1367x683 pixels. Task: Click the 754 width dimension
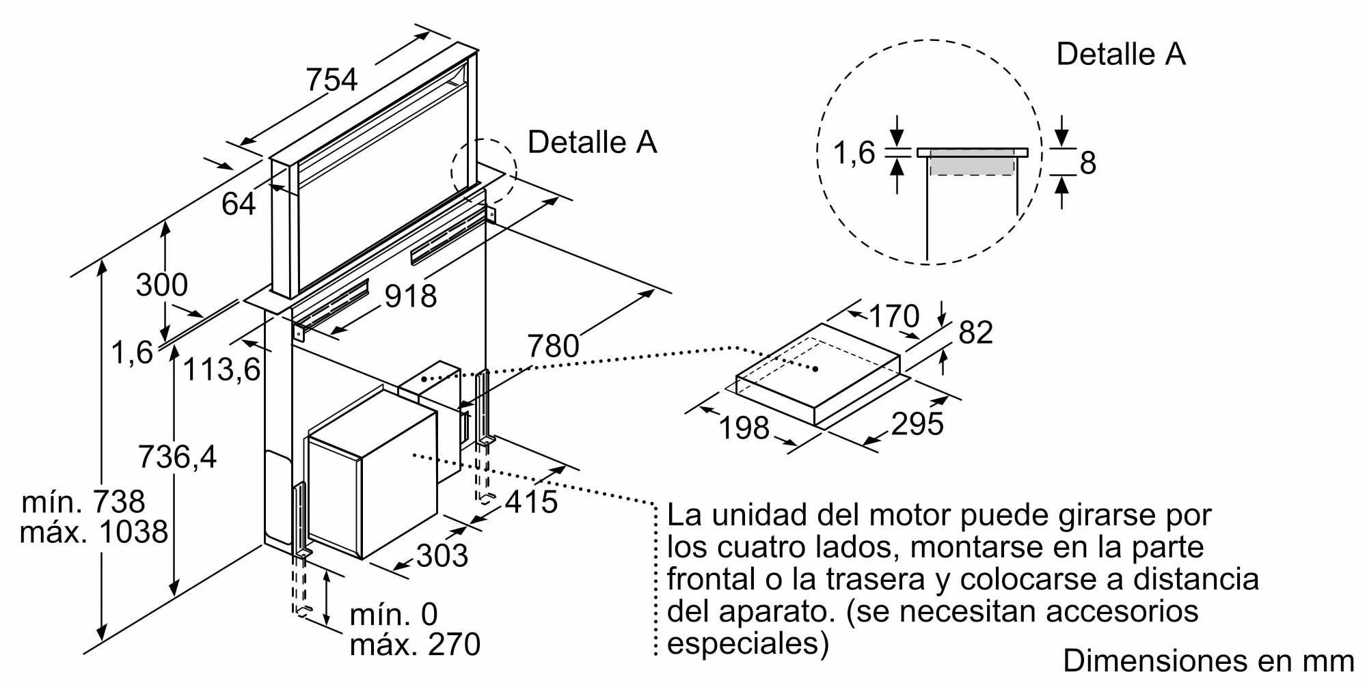tap(331, 79)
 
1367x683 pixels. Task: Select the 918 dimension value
tap(410, 296)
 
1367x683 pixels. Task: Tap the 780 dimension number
tap(553, 346)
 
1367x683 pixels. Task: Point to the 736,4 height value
tap(177, 456)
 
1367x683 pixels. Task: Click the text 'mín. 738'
tap(83, 502)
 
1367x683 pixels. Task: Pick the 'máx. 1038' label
tap(94, 532)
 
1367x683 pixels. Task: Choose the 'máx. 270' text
tap(415, 645)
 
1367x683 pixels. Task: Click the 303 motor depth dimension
tap(442, 556)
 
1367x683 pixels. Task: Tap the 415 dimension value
tap(532, 503)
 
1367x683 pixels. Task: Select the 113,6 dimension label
tap(221, 370)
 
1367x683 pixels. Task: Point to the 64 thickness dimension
tap(239, 204)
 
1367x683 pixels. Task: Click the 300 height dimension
tap(161, 285)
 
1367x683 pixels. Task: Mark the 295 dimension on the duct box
tap(917, 424)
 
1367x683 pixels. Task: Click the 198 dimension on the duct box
tap(744, 428)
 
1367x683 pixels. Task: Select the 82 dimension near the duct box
tap(975, 333)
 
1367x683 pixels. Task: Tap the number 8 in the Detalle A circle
tap(1087, 163)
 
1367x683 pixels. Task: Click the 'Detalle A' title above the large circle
tap(1121, 54)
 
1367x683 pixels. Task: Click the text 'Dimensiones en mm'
tap(1208, 660)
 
